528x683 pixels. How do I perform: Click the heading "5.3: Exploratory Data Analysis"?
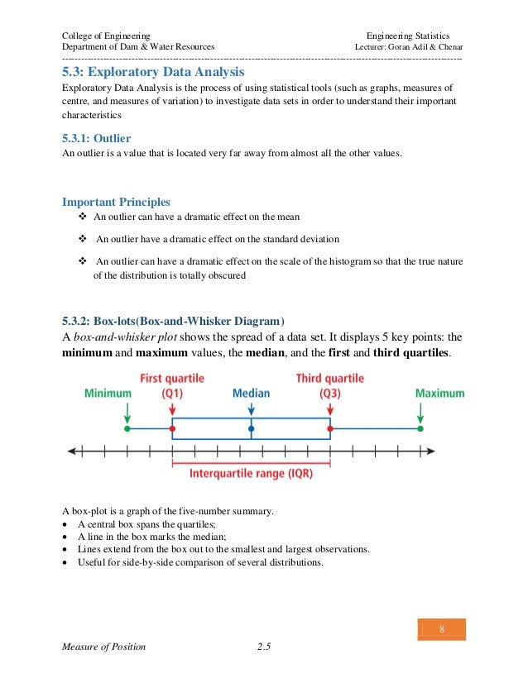point(154,73)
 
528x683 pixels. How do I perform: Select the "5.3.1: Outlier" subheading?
point(97,138)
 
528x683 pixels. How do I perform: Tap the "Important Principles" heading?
point(117,202)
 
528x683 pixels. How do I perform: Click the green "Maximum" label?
point(439,394)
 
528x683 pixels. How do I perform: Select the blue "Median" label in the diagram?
point(251,394)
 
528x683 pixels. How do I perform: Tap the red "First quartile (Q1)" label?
point(172,385)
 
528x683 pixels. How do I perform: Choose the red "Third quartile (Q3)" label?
point(329,385)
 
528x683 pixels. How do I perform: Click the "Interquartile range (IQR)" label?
point(251,474)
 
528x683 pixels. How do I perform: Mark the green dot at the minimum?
point(127,429)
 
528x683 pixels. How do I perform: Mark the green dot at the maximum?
point(420,429)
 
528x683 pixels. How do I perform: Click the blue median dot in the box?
point(251,429)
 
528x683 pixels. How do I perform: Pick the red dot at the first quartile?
point(172,429)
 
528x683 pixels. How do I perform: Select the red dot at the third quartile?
point(330,429)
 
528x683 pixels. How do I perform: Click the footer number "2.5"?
point(265,647)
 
